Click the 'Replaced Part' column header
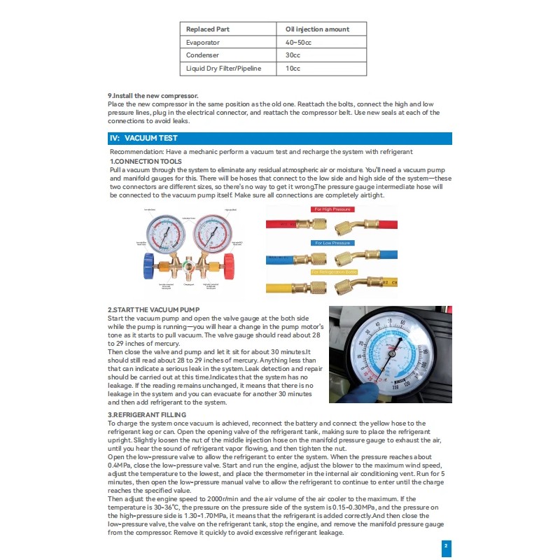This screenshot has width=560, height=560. [x=208, y=29]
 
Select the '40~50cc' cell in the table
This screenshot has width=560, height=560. [x=300, y=43]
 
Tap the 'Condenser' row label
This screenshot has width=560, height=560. [x=202, y=56]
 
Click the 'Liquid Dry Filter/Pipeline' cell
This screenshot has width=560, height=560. [x=227, y=69]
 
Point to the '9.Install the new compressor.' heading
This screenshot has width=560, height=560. [x=153, y=96]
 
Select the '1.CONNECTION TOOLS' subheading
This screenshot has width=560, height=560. [x=146, y=162]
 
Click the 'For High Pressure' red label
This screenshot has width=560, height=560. [x=333, y=209]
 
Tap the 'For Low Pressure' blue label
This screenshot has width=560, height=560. [x=333, y=243]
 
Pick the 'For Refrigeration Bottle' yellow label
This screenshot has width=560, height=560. [x=334, y=271]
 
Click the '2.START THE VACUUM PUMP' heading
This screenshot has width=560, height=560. [x=154, y=310]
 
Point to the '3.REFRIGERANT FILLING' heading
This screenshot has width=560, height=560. [x=147, y=415]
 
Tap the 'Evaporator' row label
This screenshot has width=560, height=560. [x=203, y=43]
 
